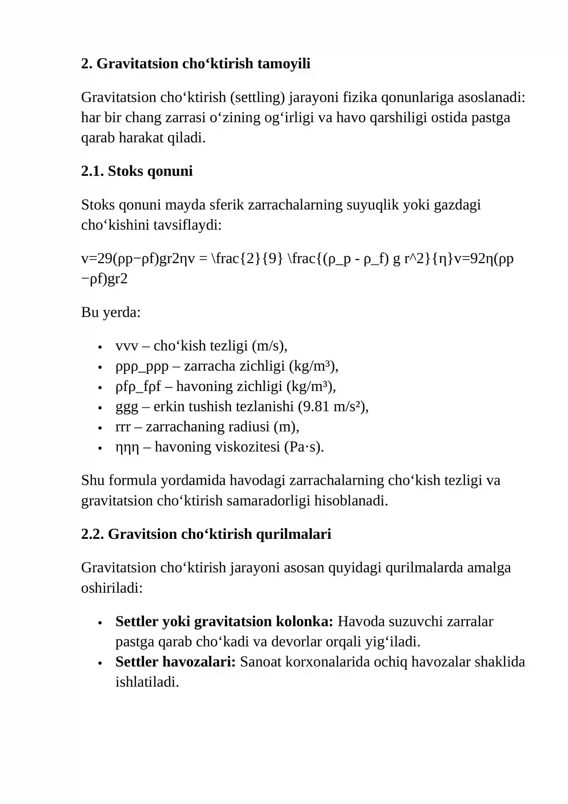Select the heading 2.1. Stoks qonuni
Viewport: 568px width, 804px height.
point(137,171)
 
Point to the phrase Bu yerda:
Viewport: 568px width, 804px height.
point(111,312)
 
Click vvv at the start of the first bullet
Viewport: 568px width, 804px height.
point(126,346)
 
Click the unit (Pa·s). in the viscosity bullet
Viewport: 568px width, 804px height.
point(304,447)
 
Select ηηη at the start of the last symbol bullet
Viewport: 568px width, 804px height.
point(127,447)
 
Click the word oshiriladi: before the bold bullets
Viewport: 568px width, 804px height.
point(112,588)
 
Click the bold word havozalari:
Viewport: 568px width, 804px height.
point(199,662)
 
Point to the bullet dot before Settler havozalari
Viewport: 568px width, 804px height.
point(100,663)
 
